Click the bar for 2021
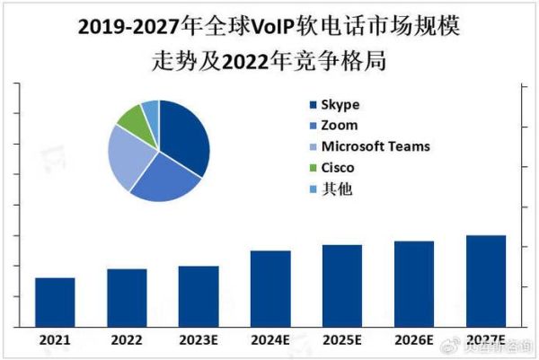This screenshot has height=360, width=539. click(55, 303)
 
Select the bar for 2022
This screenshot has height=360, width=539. click(127, 298)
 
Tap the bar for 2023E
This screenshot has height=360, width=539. click(199, 296)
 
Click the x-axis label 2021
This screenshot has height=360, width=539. click(55, 340)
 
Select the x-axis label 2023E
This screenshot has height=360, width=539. click(199, 340)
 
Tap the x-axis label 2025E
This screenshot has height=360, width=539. click(342, 340)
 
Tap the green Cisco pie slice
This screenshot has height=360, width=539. click(135, 119)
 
